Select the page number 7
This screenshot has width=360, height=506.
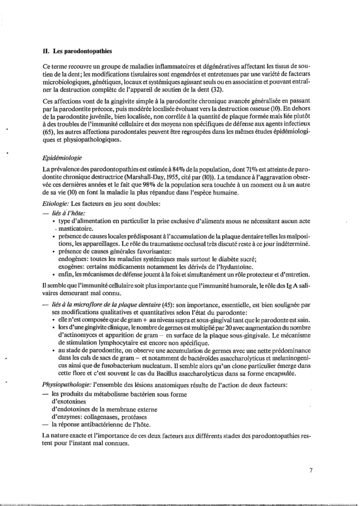311,470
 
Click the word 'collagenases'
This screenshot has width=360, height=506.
107,417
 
